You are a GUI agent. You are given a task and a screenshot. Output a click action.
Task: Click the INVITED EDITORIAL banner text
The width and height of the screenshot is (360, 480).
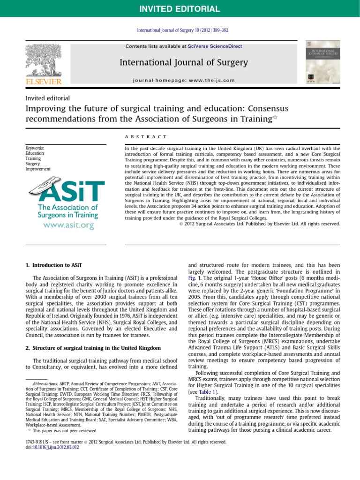pos(180,9)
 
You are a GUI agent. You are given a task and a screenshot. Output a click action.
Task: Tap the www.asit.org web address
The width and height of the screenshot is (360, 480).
pos(68,225)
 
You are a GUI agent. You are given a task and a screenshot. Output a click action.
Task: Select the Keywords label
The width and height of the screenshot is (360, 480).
pos(36,148)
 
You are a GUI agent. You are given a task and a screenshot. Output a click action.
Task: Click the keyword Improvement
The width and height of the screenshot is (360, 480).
pos(38,169)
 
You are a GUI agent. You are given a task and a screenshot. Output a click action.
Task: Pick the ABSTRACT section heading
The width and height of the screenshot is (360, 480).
pos(146,136)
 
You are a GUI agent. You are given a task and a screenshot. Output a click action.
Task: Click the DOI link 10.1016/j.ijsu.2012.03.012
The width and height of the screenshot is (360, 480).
pos(55,448)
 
